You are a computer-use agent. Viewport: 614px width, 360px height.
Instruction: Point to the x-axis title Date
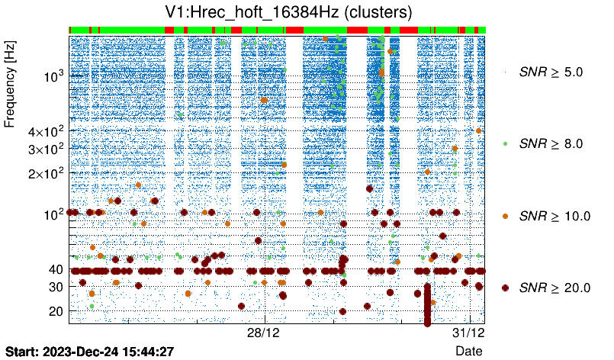click(468, 351)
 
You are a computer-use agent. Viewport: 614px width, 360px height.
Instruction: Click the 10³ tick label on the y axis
click(53, 76)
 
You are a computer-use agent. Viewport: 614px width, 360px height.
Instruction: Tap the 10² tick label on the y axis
click(53, 214)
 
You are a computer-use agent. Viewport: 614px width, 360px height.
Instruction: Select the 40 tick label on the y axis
click(55, 269)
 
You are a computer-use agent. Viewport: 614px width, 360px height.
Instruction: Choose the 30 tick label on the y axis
click(55, 287)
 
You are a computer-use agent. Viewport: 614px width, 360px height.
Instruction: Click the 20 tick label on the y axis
click(55, 311)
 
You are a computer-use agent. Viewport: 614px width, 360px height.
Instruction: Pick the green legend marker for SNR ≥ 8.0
click(505, 143)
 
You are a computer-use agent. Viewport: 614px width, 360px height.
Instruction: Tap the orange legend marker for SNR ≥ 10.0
click(505, 216)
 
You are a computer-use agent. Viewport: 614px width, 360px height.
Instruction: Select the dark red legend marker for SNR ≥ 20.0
click(505, 288)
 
